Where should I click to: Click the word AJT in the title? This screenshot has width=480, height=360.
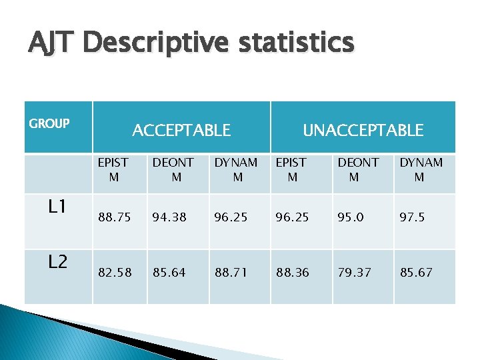click(52, 43)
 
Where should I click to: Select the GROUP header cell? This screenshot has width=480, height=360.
click(49, 123)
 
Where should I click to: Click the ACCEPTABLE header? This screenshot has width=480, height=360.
click(181, 130)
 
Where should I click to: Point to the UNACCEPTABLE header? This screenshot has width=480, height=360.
click(363, 130)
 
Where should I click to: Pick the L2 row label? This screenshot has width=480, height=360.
click(57, 261)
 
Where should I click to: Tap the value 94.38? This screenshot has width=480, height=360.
click(169, 217)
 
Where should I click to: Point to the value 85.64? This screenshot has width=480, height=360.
click(169, 272)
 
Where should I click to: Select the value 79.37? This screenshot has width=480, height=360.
click(355, 272)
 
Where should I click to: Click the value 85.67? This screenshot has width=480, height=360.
click(416, 272)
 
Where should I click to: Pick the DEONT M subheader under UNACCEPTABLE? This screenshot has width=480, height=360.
click(357, 169)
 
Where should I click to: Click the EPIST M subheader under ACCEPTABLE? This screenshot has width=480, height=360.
click(113, 169)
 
